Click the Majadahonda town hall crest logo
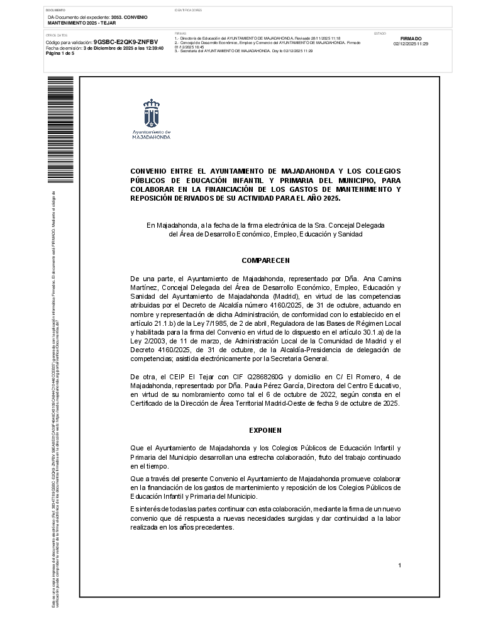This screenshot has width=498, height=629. coord(151,113)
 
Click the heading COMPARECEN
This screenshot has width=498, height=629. coord(265,260)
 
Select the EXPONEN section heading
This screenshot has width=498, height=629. coord(265,430)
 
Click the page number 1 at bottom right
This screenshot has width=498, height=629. coord(399,566)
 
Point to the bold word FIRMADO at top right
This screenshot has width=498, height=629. coord(411,39)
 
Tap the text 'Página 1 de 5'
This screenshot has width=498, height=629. coord(60,53)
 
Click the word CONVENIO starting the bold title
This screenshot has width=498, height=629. coord(150,171)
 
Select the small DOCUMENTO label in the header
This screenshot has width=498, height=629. coord(57,11)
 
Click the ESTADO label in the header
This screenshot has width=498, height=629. coord(380,33)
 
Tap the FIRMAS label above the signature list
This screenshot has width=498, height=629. coord(180,33)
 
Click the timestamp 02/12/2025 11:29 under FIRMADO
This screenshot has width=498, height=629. coord(411,44)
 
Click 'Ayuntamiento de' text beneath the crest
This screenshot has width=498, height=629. coord(151,131)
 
